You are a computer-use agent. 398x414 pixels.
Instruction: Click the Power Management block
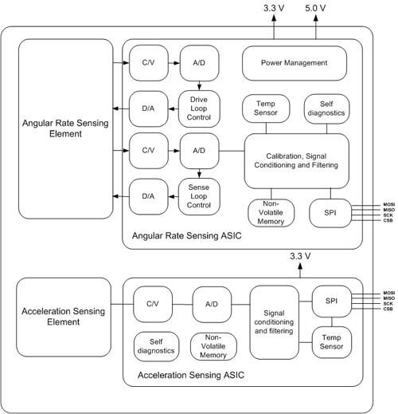(x=295, y=63)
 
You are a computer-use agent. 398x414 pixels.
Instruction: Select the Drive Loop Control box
(x=199, y=108)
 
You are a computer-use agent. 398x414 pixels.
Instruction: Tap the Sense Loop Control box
(x=199, y=196)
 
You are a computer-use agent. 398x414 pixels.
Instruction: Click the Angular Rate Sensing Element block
(x=65, y=129)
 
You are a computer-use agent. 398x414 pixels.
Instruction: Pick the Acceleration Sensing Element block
(x=64, y=317)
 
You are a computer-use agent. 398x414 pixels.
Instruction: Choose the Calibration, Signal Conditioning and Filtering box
(x=296, y=161)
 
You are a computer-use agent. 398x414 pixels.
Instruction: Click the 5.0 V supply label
(x=315, y=8)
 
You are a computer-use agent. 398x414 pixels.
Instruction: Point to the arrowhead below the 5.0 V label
(x=316, y=18)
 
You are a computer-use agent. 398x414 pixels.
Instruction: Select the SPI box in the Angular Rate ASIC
(x=330, y=213)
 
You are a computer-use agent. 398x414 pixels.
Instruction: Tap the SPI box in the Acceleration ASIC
(x=332, y=302)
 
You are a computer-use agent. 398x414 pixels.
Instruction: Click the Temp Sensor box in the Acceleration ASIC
(x=332, y=342)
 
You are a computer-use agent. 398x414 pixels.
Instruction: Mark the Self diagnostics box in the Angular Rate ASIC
(x=326, y=108)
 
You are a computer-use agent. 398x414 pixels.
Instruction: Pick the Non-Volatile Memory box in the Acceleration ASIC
(x=213, y=346)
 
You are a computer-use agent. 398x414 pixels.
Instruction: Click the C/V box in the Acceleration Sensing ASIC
(x=153, y=304)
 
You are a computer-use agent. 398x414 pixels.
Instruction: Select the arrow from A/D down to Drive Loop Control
(x=199, y=85)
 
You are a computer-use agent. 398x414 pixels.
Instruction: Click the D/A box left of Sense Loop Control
(x=149, y=196)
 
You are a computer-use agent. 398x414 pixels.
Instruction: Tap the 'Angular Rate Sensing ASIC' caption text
(x=187, y=236)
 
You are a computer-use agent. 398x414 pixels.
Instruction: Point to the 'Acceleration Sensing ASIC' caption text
(x=191, y=375)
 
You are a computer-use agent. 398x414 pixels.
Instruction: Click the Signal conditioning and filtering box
(x=275, y=322)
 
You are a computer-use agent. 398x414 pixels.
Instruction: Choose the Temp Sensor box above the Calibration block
(x=266, y=108)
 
